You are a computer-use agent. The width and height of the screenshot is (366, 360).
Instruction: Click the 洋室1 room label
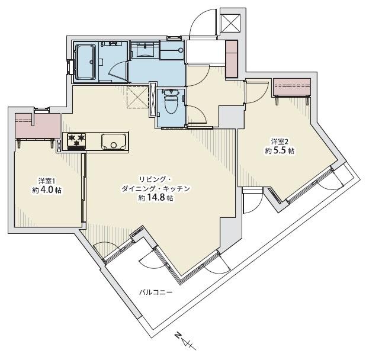click(47, 181)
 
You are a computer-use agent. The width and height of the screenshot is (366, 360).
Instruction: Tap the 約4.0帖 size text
click(47, 191)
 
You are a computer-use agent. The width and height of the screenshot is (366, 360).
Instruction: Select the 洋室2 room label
click(279, 141)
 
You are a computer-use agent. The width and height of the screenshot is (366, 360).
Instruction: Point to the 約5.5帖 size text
click(279, 151)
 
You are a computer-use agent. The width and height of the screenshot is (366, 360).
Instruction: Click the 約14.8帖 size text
click(156, 198)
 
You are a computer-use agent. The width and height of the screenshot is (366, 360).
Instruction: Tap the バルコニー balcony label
click(156, 292)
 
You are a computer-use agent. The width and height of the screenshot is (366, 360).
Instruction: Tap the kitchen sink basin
click(112, 142)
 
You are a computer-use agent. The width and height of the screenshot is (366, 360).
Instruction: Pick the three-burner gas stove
click(76, 142)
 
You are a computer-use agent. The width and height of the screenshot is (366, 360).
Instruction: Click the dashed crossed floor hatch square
click(137, 97)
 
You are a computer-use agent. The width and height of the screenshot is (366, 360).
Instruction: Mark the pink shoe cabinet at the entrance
click(232, 58)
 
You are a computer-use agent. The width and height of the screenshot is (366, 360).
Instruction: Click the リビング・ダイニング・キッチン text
click(156, 183)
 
